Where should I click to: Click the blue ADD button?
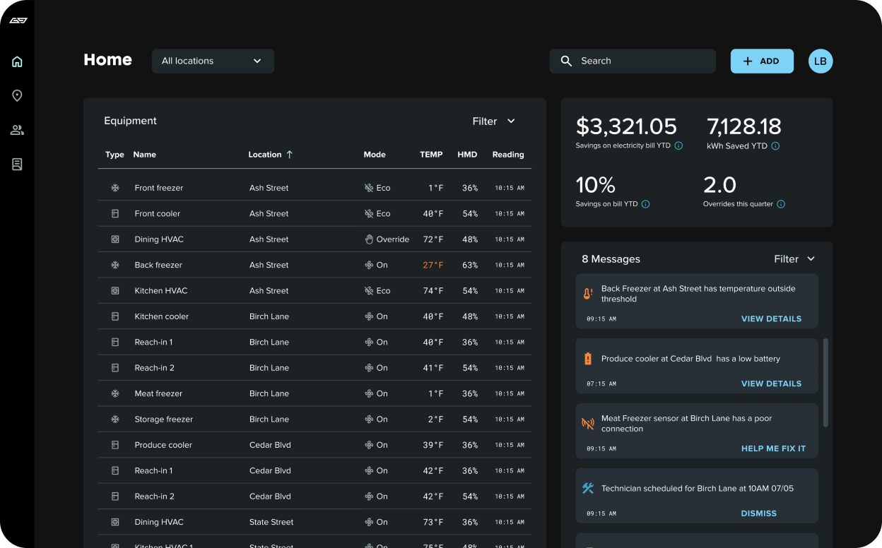761,61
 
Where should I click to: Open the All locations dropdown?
212,61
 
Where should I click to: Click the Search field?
633,61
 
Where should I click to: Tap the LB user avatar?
820,61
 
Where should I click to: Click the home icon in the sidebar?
17,62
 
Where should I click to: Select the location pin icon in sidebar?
17,96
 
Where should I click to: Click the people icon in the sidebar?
17,130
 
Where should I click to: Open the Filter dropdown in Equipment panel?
493,121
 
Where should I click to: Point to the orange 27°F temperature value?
433,266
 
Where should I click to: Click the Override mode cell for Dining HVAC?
387,239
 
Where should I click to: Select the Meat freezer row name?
158,394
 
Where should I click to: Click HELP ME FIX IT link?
772,449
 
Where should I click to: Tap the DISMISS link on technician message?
758,514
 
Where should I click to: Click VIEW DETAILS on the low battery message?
770,384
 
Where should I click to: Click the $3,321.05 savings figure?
626,127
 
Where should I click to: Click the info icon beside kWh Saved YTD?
775,146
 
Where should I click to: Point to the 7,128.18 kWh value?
743,127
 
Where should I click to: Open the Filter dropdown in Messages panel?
794,259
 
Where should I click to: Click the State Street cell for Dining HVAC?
271,523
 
